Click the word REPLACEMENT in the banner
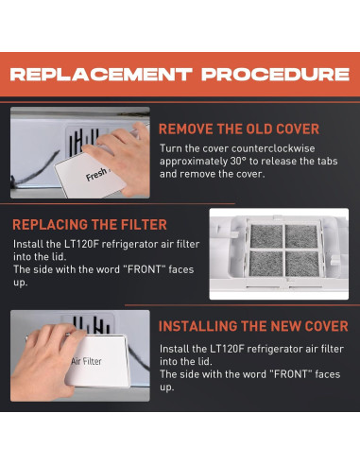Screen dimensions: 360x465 coord(101,75)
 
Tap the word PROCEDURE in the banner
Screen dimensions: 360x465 coord(276,75)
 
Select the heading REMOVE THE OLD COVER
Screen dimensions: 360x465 coord(239,129)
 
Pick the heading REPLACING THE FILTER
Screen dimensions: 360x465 coord(90,225)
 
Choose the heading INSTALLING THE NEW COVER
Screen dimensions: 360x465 coord(253,326)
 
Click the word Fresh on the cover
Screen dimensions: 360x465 coord(96,174)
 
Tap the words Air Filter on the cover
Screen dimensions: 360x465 coord(87,361)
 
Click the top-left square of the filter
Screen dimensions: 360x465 coord(266,236)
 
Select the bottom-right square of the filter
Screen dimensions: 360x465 coord(302,264)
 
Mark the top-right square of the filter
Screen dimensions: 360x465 coord(301,236)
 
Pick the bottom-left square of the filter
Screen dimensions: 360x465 coord(266,264)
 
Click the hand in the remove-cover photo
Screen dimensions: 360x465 coord(123,158)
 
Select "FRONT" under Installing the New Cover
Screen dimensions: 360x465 coord(290,374)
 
